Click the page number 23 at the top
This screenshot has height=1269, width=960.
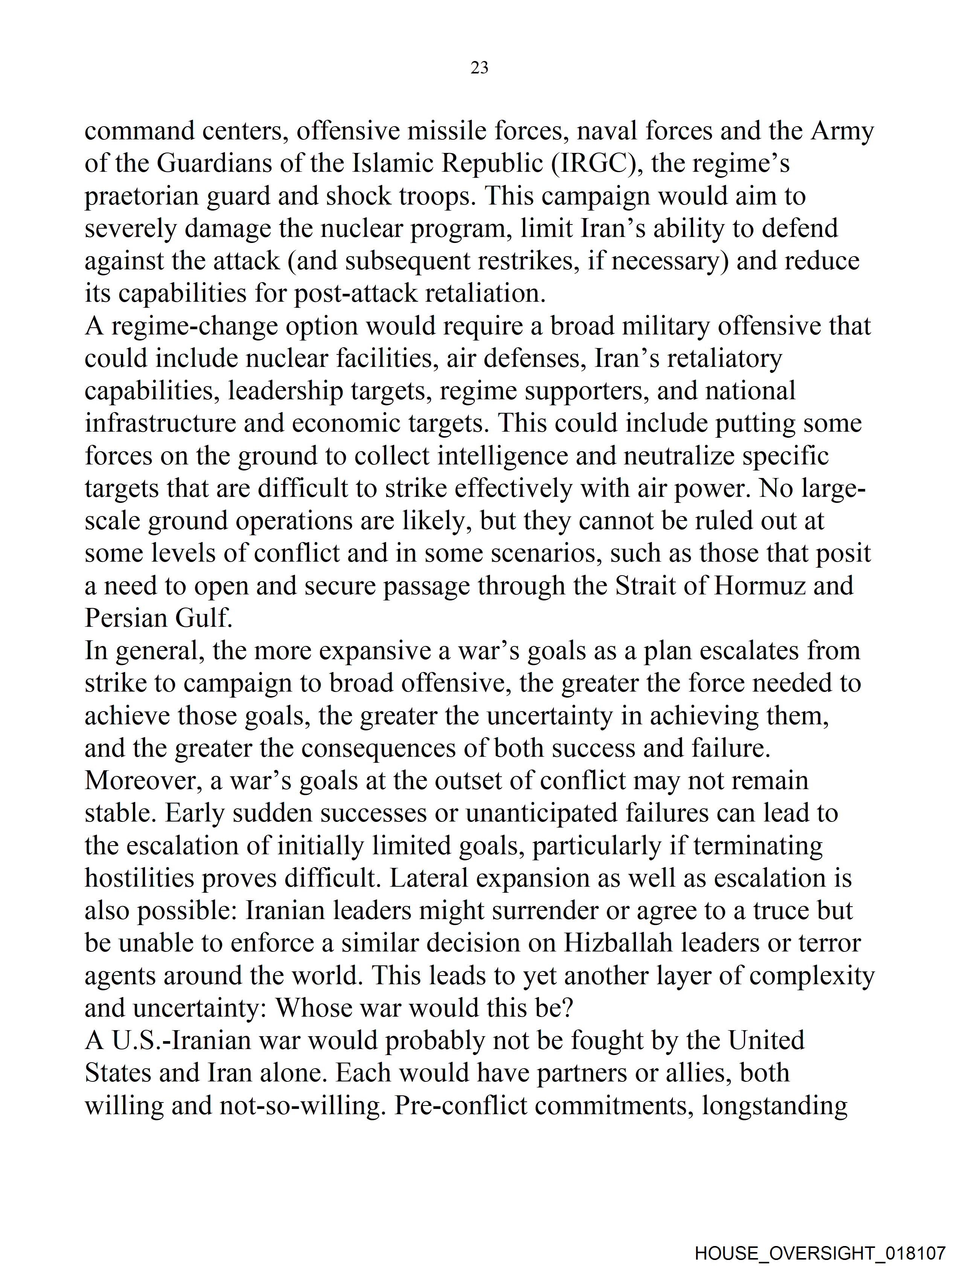pyautogui.click(x=479, y=68)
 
